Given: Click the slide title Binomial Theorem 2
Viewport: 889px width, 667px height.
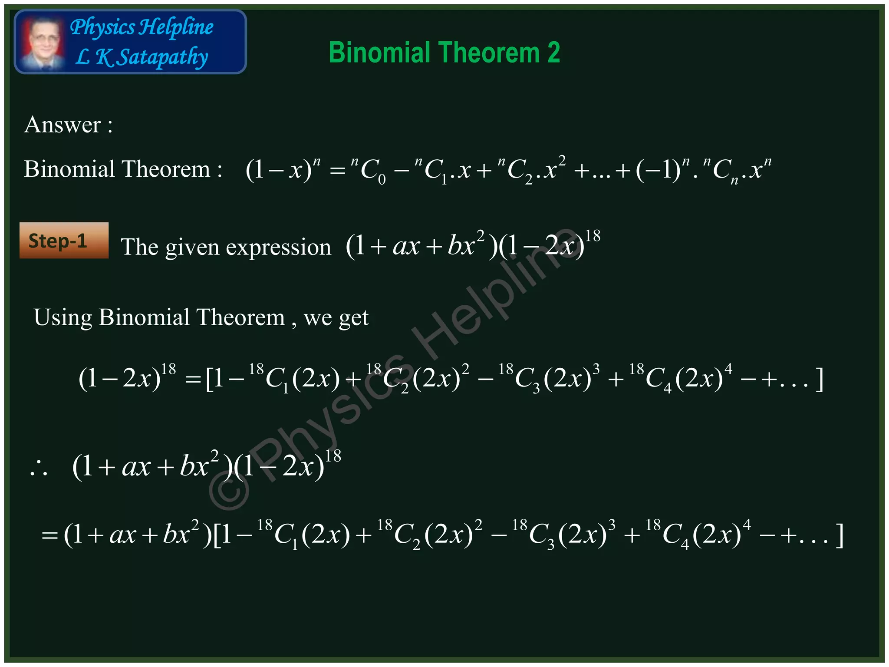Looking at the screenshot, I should tap(444, 53).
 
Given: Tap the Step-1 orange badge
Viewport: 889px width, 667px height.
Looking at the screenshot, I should tap(64, 241).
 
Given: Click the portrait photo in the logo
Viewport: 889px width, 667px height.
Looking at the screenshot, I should tap(42, 43).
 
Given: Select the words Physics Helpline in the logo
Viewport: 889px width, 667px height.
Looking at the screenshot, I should tap(142, 27).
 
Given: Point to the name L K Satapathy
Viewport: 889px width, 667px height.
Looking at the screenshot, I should tap(142, 57).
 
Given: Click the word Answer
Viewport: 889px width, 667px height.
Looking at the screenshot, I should tap(63, 125).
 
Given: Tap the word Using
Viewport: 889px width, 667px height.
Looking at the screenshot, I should tap(63, 317).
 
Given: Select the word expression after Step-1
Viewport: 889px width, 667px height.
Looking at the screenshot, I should tap(278, 248).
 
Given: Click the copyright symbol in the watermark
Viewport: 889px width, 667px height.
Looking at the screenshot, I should tap(229, 490).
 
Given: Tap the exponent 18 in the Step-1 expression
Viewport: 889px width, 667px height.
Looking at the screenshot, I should tap(593, 236).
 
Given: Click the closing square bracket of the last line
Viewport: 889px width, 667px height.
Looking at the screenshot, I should tap(840, 535).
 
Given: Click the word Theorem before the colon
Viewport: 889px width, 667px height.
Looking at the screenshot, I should tap(165, 169).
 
